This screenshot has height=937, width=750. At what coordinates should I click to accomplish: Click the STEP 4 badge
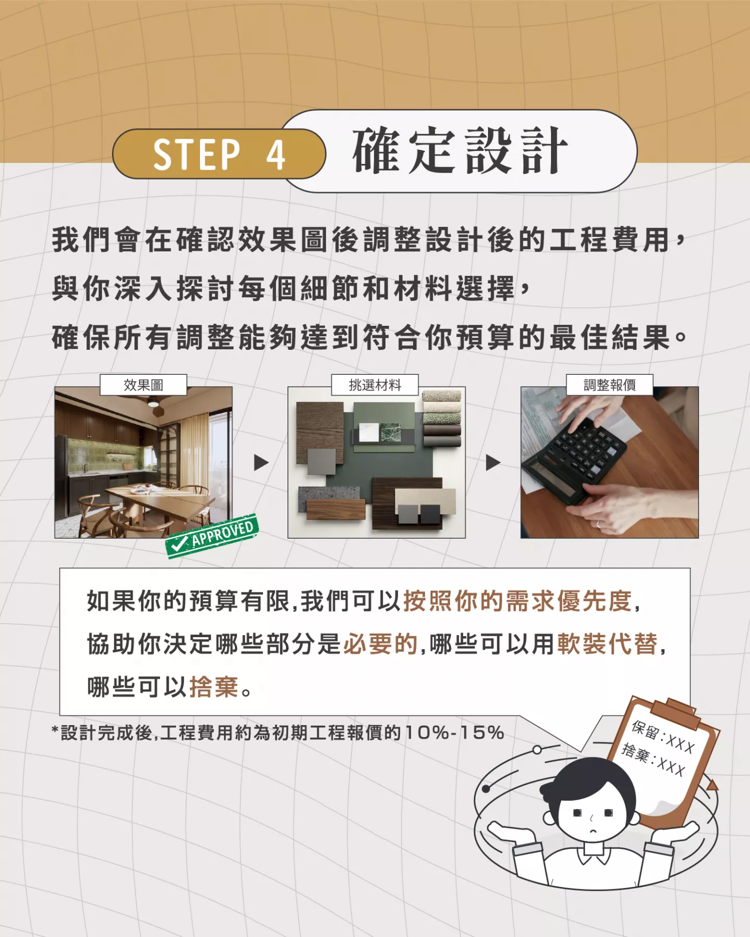219,154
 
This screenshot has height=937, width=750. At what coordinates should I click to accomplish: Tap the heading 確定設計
460,151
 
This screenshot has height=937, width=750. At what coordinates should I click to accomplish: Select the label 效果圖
143,385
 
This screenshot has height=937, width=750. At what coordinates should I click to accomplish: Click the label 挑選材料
375,385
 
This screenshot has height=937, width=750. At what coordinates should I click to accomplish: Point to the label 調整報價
609,385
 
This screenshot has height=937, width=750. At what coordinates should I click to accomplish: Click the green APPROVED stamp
212,536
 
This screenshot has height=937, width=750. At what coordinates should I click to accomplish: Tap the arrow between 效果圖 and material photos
261,462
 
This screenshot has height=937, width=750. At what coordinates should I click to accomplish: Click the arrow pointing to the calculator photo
493,462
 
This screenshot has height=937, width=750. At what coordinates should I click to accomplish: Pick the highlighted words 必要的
381,644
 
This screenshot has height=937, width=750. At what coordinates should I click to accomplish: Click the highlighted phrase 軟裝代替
607,644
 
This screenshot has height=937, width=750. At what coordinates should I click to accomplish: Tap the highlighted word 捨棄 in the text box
214,687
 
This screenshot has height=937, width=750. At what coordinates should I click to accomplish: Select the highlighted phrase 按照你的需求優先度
518,601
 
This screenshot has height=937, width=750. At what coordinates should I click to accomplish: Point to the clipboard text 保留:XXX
664,737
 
